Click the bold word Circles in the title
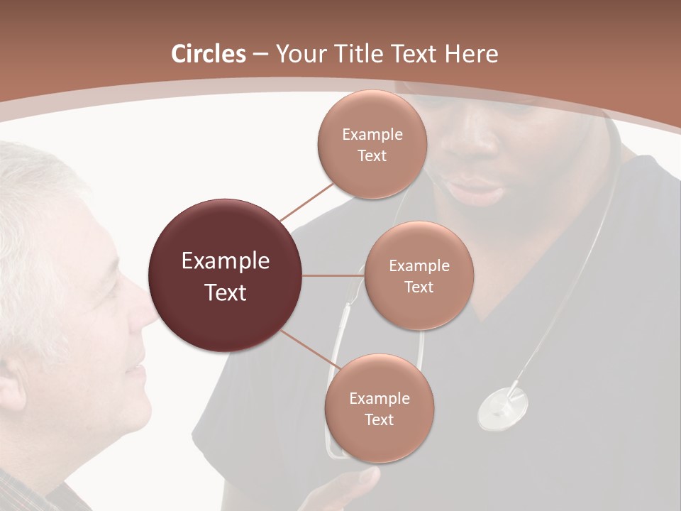pyautogui.click(x=208, y=54)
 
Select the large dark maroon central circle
pyautogui.click(x=225, y=275)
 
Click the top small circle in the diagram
pyautogui.click(x=372, y=144)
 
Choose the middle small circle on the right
pyautogui.click(x=419, y=275)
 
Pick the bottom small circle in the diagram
pyautogui.click(x=379, y=408)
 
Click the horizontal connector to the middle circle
pyautogui.click(x=333, y=275)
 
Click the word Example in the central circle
pyautogui.click(x=225, y=261)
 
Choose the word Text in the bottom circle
pyautogui.click(x=379, y=419)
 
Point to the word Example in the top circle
pyautogui.click(x=372, y=134)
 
